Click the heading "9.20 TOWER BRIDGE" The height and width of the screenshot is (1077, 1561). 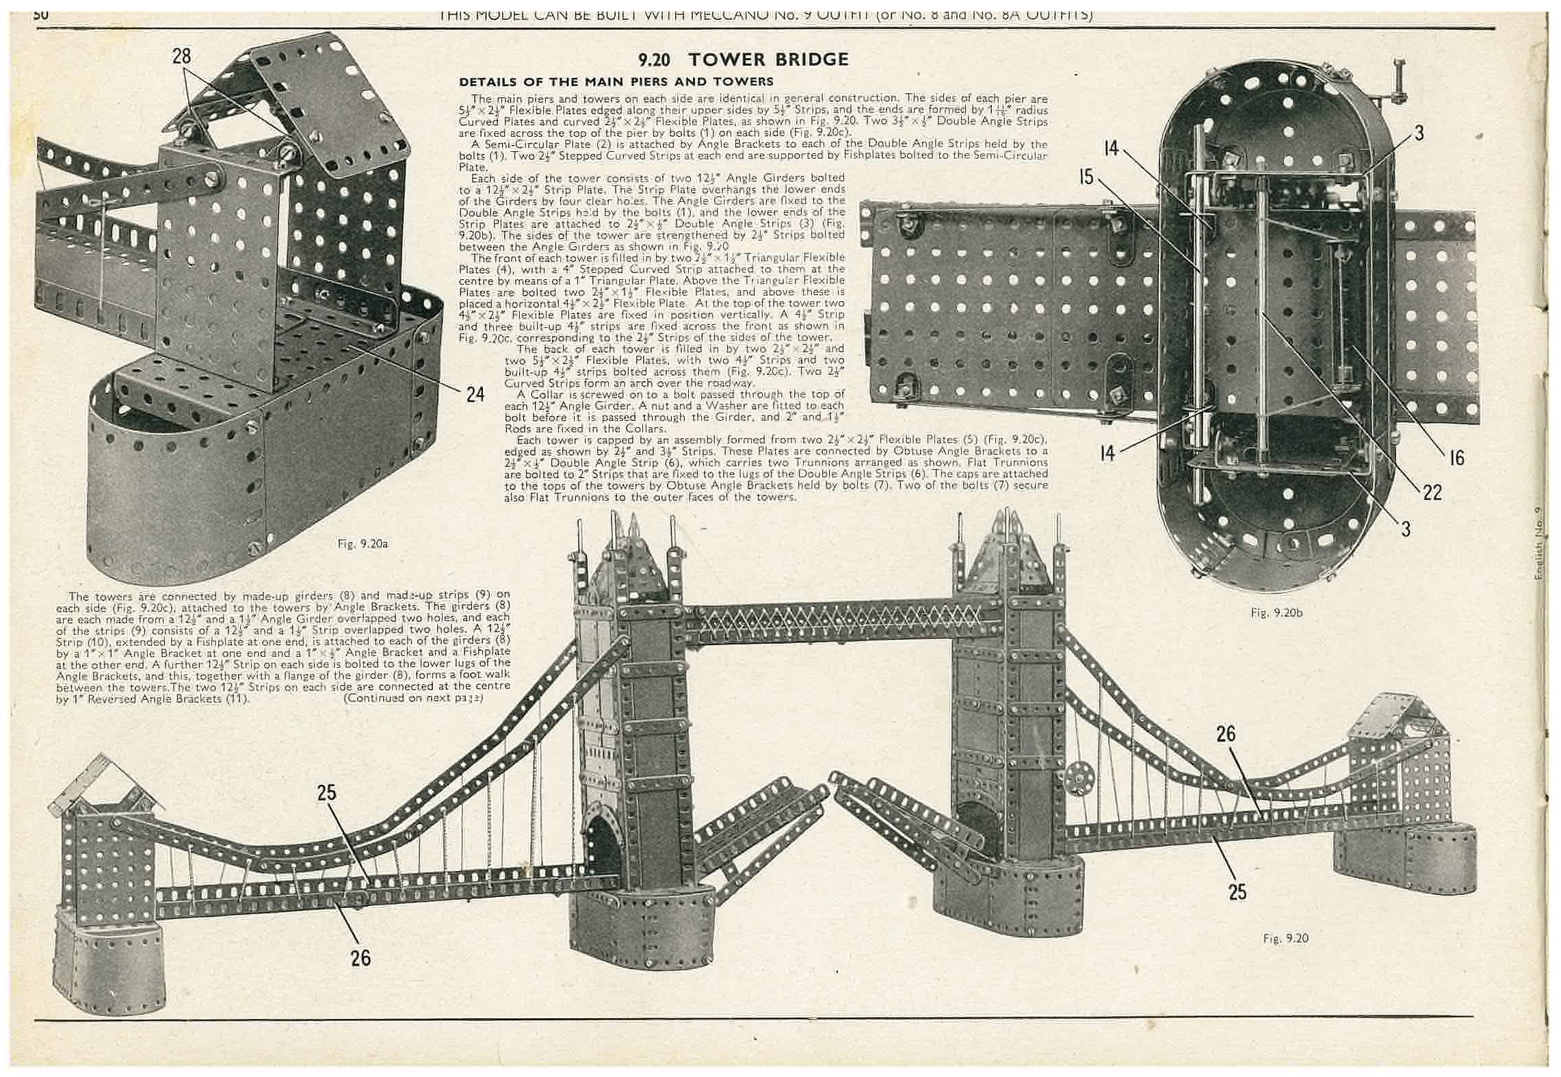[x=743, y=60]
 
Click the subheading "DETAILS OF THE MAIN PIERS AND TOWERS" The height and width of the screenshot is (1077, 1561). [x=616, y=82]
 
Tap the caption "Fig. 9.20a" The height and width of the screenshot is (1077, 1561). [x=363, y=544]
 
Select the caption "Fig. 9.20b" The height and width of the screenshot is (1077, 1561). [x=1276, y=612]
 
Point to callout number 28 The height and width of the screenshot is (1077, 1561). [x=182, y=56]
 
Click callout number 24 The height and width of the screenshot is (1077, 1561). [x=475, y=395]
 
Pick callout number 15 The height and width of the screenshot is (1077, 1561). [x=1086, y=177]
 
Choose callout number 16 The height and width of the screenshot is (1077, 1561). [x=1456, y=458]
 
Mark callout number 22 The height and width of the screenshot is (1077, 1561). [x=1432, y=492]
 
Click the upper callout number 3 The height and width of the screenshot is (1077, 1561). [x=1419, y=133]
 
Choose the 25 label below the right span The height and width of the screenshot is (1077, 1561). [x=1237, y=892]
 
